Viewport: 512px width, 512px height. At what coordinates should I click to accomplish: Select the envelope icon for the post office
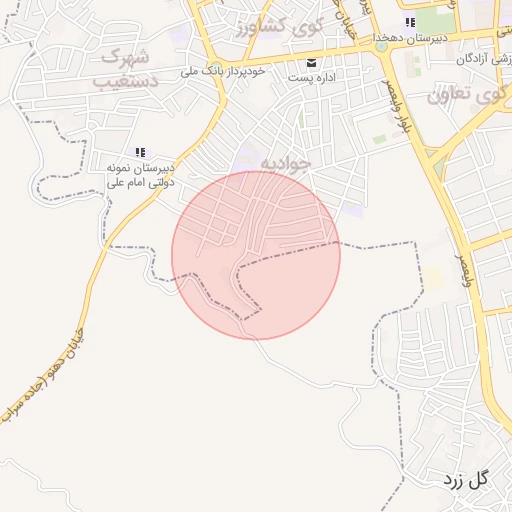[x=312, y=62]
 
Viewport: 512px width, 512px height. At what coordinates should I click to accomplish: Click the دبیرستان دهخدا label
[x=409, y=38]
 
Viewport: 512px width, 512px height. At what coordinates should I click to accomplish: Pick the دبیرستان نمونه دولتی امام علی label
[x=141, y=176]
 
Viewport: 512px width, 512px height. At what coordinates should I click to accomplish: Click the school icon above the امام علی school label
[x=141, y=152]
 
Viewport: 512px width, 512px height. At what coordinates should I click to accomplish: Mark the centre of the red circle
[x=256, y=255]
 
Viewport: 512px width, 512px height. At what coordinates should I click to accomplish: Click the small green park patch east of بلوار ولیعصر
[x=380, y=140]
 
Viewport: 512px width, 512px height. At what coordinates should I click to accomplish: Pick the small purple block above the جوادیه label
[x=246, y=150]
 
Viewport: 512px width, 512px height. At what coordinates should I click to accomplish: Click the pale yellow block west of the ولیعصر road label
[x=435, y=277]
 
